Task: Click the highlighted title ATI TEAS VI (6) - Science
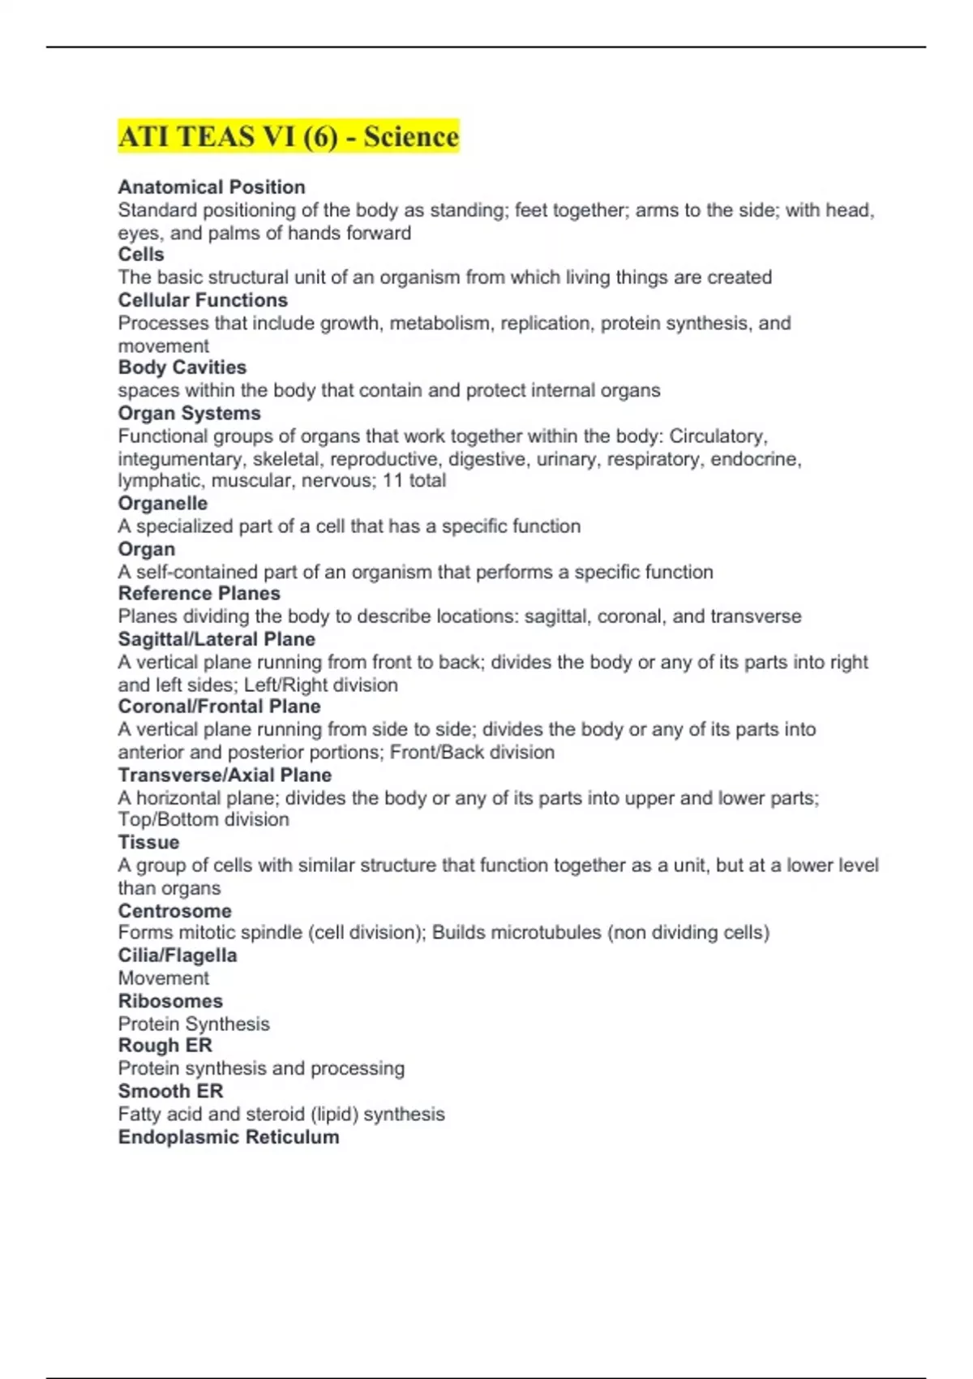289,136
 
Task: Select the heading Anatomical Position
212,187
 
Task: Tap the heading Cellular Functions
203,300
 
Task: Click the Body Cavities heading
182,367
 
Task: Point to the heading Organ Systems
189,413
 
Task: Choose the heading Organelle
162,504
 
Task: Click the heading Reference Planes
199,594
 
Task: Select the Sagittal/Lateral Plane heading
216,639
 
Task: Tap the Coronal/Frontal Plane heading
219,707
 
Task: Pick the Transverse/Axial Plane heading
225,775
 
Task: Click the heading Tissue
148,842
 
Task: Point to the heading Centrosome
174,911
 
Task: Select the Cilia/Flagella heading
178,956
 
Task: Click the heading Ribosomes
170,1001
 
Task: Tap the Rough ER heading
165,1046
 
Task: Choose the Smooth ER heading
170,1091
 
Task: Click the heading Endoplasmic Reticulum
229,1137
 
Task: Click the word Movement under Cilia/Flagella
163,978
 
